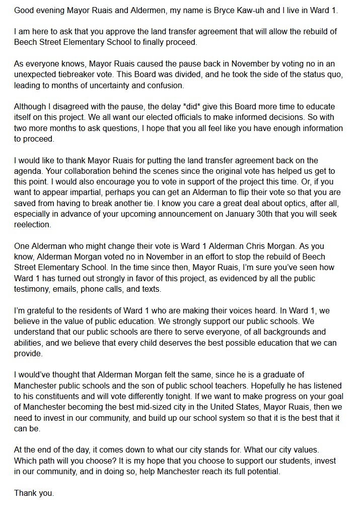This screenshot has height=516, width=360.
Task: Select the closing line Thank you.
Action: (x=34, y=493)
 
